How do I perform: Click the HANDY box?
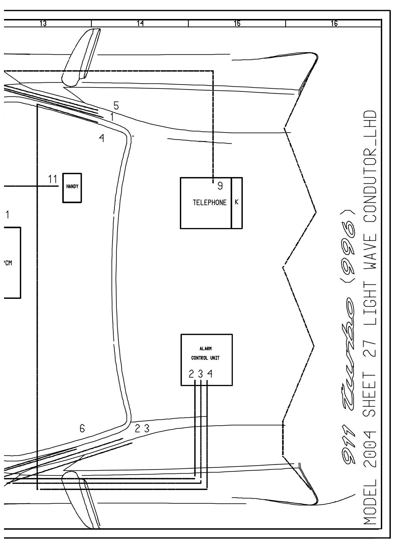(x=72, y=188)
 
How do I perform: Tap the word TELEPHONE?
(x=210, y=202)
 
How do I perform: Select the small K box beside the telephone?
(x=237, y=203)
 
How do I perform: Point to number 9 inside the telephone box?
(x=220, y=187)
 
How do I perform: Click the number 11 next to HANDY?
(x=53, y=179)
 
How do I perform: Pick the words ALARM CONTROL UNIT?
(x=205, y=353)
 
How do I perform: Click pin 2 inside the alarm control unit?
(x=191, y=374)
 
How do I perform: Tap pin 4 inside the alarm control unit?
(x=210, y=374)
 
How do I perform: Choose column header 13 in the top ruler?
(x=43, y=24)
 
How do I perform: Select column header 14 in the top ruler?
(x=140, y=24)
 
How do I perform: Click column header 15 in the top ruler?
(x=237, y=24)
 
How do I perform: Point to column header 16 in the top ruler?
(x=334, y=24)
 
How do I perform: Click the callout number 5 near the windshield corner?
(x=116, y=106)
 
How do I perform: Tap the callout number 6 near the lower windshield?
(x=82, y=429)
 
